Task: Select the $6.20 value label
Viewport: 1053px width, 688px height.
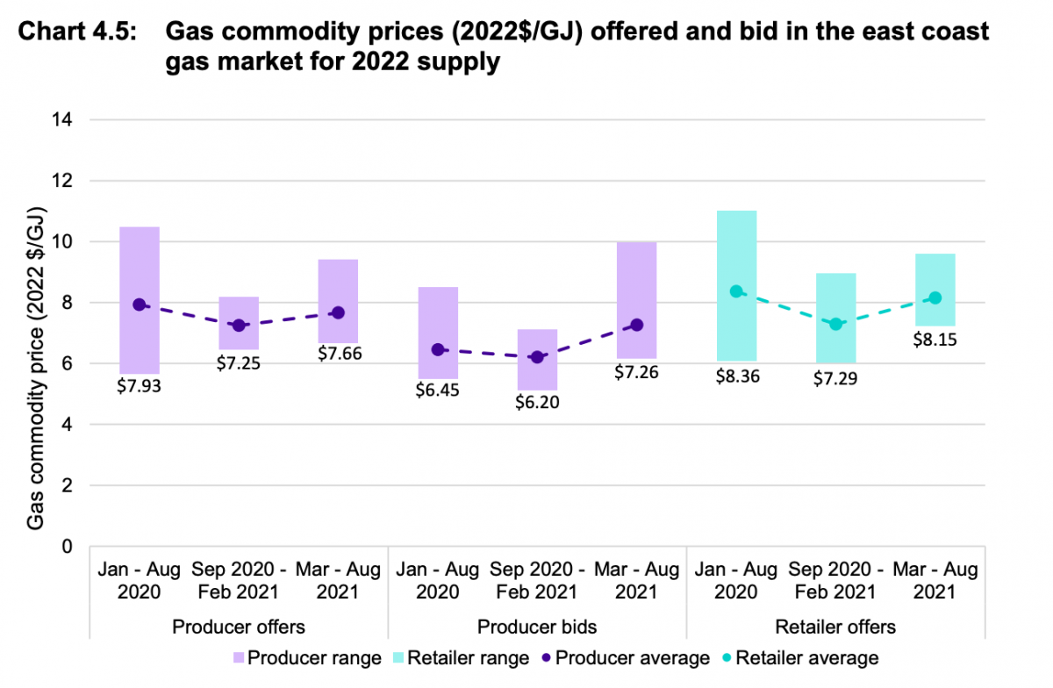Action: point(536,402)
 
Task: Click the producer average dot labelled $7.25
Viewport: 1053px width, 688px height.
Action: point(239,326)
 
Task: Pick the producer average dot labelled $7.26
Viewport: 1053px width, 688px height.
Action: point(636,325)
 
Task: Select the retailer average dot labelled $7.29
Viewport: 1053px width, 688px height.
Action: point(835,324)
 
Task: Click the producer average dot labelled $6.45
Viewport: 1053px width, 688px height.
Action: point(438,349)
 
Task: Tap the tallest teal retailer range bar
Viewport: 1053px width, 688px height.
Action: point(736,285)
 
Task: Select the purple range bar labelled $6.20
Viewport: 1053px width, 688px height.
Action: point(537,360)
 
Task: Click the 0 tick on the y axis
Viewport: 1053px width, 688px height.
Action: point(68,547)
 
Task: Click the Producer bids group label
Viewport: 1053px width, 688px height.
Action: point(536,627)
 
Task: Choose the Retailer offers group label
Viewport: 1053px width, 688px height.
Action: point(835,627)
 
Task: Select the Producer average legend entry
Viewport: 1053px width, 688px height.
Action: point(625,658)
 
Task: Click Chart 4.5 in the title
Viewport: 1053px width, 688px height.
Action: point(78,33)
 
